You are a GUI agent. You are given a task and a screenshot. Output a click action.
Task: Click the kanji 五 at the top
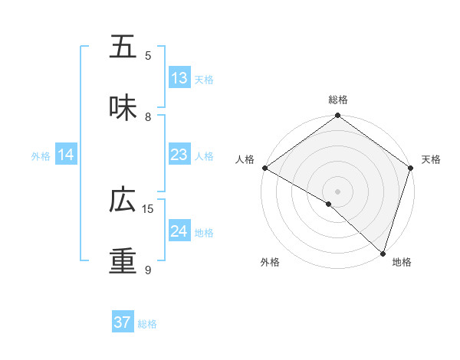point(123,47)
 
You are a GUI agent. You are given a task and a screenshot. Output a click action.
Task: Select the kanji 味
point(123,108)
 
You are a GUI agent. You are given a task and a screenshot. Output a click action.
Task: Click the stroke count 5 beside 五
point(148,55)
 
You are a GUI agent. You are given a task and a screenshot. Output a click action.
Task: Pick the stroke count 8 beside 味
point(148,116)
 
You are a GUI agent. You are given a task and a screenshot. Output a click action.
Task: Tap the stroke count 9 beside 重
point(148,270)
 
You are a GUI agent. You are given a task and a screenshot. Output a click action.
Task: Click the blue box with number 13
point(179,78)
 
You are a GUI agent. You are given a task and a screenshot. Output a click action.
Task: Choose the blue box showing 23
point(179,155)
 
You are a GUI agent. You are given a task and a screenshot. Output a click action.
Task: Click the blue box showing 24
point(179,231)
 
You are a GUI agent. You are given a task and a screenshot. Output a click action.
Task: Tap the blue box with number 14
point(66,155)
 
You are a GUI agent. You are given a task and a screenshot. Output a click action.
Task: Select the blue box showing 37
point(123,322)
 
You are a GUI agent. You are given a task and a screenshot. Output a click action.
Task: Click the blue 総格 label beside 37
point(148,324)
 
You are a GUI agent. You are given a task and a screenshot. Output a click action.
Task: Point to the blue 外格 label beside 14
point(41,155)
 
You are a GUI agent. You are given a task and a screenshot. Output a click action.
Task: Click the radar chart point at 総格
point(337,116)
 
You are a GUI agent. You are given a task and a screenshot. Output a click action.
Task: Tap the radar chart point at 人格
point(264,168)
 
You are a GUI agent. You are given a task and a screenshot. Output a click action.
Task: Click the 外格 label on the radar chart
point(270,262)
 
